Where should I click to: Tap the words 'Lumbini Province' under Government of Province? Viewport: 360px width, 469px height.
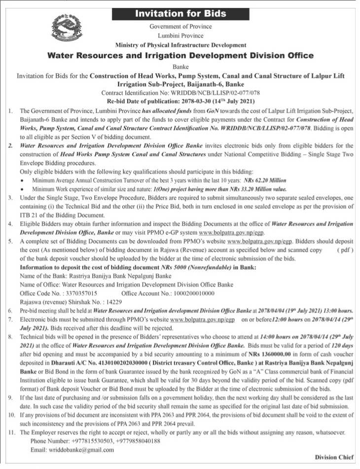(x=180, y=36)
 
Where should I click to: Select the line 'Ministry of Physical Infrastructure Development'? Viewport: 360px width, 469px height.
(x=180, y=45)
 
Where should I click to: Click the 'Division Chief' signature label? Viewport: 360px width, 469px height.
(x=334, y=458)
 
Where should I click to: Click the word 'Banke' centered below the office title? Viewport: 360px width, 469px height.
(x=180, y=66)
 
